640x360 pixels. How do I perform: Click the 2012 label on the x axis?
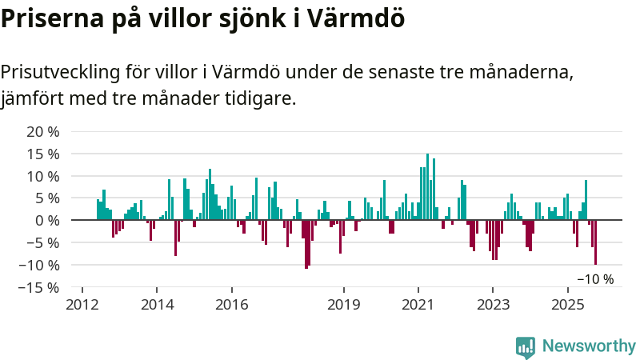(x=82, y=304)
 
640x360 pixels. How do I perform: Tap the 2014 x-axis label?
(x=157, y=304)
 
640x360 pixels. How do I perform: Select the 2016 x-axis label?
(x=231, y=304)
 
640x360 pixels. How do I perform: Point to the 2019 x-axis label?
(x=344, y=304)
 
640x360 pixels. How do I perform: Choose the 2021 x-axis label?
(x=418, y=304)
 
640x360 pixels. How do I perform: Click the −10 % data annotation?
(x=595, y=279)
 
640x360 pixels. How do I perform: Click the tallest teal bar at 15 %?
(x=427, y=186)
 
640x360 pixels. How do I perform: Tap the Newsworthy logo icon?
(x=526, y=346)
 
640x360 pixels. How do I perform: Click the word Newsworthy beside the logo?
(x=589, y=346)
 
